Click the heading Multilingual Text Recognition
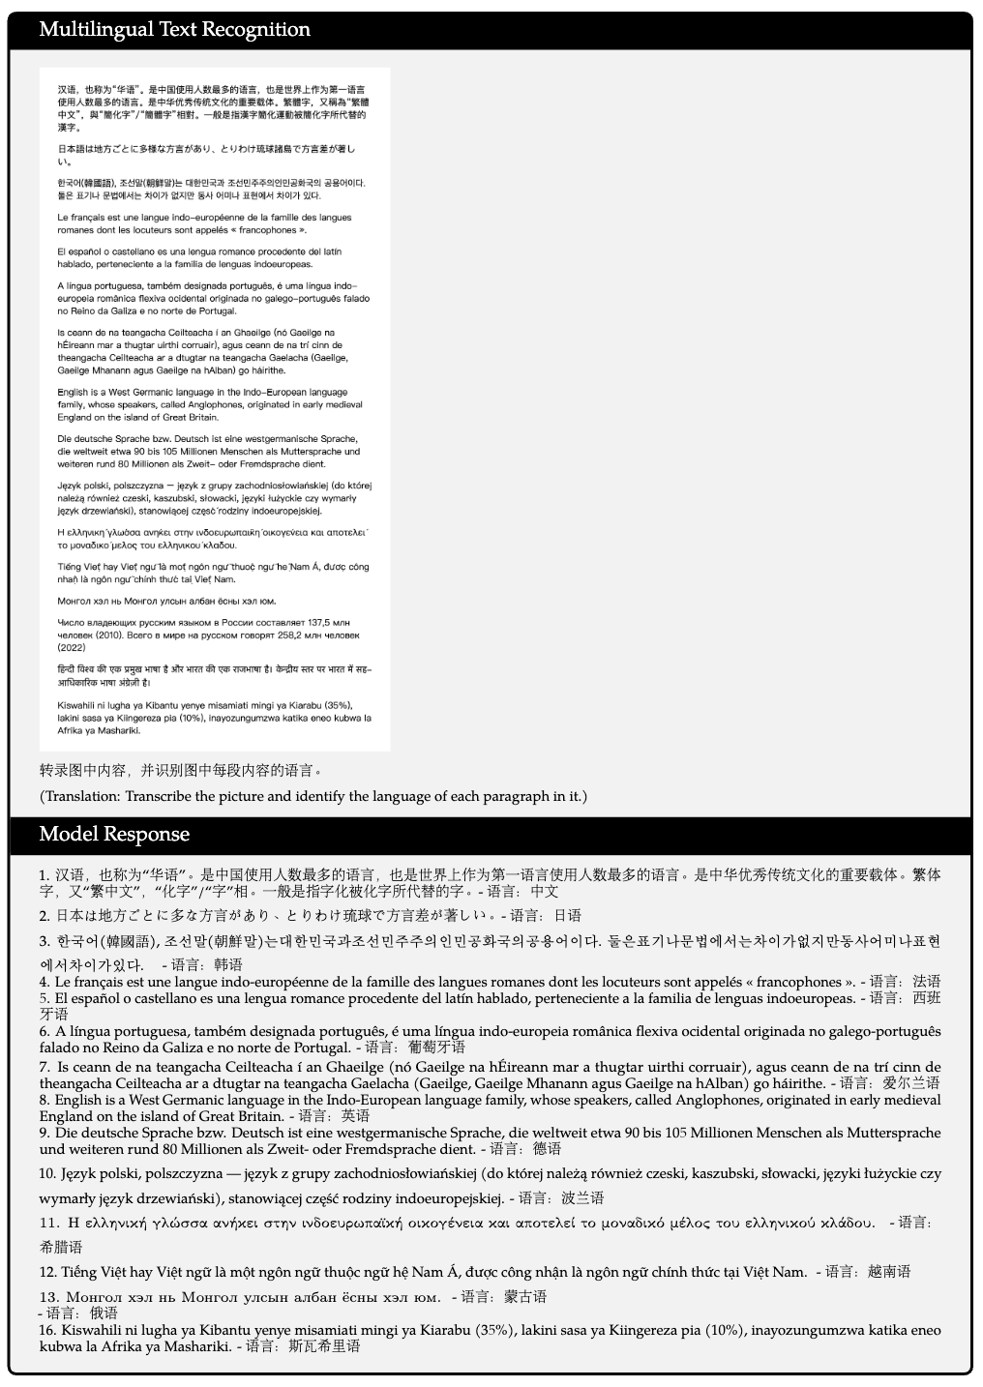174,30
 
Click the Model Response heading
114,835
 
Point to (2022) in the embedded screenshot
72,647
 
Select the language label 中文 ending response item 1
545,891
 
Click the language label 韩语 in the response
228,964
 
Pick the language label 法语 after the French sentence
927,982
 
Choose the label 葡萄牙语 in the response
436,1047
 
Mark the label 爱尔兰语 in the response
911,1083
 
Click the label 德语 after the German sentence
547,1149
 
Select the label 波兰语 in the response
583,1198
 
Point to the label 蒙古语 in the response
526,1296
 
